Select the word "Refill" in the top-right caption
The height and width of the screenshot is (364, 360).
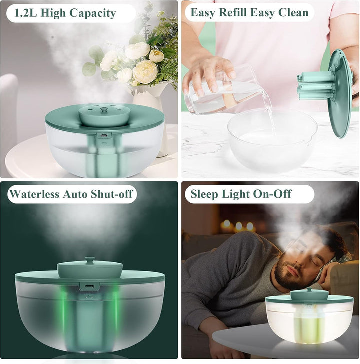click(233, 13)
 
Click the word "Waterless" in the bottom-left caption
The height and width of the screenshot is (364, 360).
click(34, 194)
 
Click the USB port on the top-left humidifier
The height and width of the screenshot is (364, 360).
click(104, 135)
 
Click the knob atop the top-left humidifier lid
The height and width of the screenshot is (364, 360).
click(103, 109)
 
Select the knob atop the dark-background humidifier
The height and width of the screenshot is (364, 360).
click(89, 259)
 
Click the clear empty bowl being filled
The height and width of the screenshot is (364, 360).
click(272, 140)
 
